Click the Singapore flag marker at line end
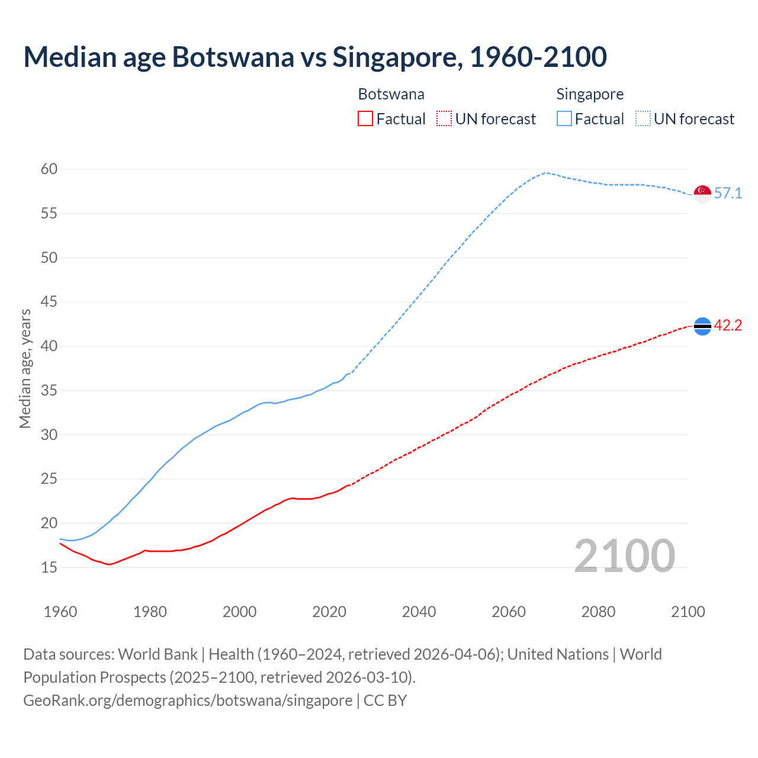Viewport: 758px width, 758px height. point(702,194)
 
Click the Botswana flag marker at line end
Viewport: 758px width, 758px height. point(702,326)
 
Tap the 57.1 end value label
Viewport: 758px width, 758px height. point(728,194)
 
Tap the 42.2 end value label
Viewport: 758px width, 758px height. point(728,326)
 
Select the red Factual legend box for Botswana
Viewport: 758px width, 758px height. point(365,119)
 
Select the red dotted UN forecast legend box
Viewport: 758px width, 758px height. point(444,119)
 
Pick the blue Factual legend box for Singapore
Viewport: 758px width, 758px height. point(564,119)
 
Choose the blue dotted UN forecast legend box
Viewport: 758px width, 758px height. point(643,119)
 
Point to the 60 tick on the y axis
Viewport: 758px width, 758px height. point(49,169)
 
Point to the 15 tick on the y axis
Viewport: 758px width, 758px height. point(49,568)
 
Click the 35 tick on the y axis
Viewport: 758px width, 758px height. point(49,391)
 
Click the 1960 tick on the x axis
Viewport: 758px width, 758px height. point(60,612)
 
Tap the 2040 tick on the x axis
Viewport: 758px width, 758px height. point(419,612)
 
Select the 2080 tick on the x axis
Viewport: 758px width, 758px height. point(598,612)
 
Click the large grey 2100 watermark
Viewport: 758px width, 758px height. point(624,556)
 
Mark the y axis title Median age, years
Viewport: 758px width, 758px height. point(25,368)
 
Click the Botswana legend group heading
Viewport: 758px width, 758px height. point(391,94)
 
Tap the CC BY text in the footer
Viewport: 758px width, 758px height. point(385,701)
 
